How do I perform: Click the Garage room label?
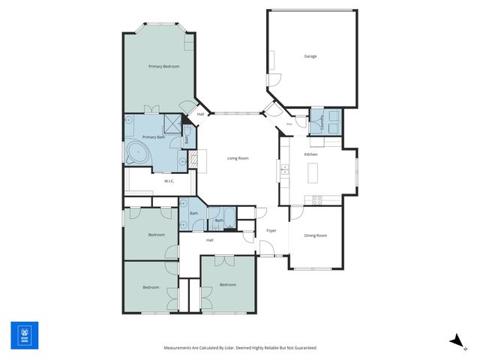point(310,56)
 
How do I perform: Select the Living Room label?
point(238,158)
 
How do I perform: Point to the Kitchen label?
point(310,154)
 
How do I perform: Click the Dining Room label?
point(316,236)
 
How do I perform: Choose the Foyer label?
point(271,230)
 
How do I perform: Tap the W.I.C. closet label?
point(169,181)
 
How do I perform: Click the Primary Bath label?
point(154,137)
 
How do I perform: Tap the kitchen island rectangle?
point(312,173)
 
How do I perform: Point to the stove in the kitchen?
point(316,199)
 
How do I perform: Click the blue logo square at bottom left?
point(24,335)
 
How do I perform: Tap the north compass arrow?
point(455,340)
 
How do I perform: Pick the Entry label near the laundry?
point(289,124)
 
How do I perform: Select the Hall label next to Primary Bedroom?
point(200,114)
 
